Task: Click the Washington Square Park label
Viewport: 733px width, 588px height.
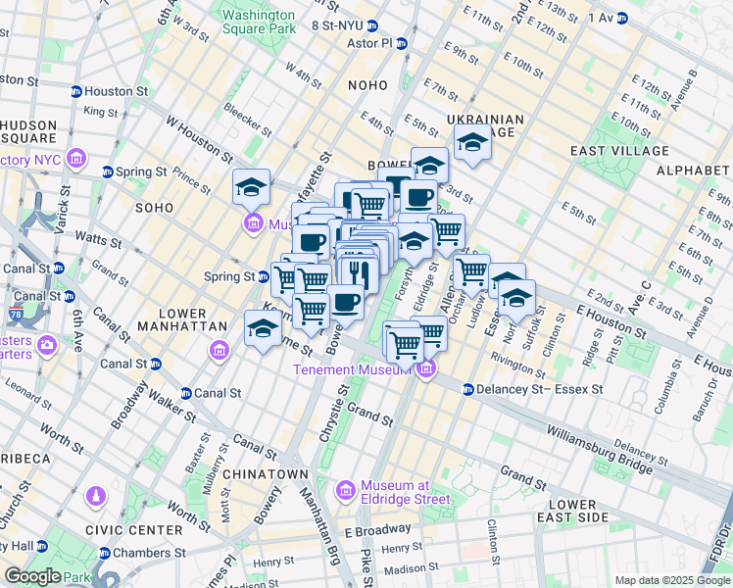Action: point(258,23)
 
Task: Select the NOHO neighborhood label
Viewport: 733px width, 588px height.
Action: point(368,86)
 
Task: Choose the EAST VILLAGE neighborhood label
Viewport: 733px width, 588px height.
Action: point(619,151)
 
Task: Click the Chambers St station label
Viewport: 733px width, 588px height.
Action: point(138,554)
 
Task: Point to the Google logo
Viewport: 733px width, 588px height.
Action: point(33,576)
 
